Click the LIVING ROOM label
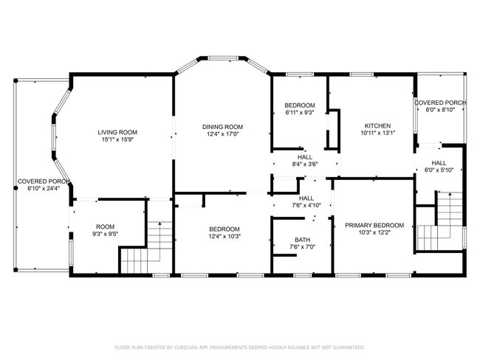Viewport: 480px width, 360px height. (x=117, y=133)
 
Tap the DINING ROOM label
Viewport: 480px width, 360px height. (x=222, y=127)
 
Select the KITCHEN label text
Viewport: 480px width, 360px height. (x=377, y=125)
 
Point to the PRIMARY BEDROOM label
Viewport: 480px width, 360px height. (x=374, y=226)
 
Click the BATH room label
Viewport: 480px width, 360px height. (x=303, y=240)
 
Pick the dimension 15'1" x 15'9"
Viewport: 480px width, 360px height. (x=118, y=139)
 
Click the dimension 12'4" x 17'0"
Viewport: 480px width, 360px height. (x=222, y=134)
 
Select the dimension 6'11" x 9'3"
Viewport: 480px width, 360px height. (x=300, y=113)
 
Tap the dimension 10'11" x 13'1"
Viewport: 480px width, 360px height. (x=378, y=133)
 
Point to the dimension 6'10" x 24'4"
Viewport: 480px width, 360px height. (x=44, y=189)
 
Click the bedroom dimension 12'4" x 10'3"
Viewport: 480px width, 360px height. (x=224, y=236)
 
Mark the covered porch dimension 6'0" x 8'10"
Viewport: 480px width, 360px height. (x=440, y=110)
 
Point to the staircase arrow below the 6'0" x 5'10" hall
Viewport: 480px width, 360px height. (x=450, y=215)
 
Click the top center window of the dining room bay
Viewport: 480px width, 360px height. (x=223, y=58)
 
